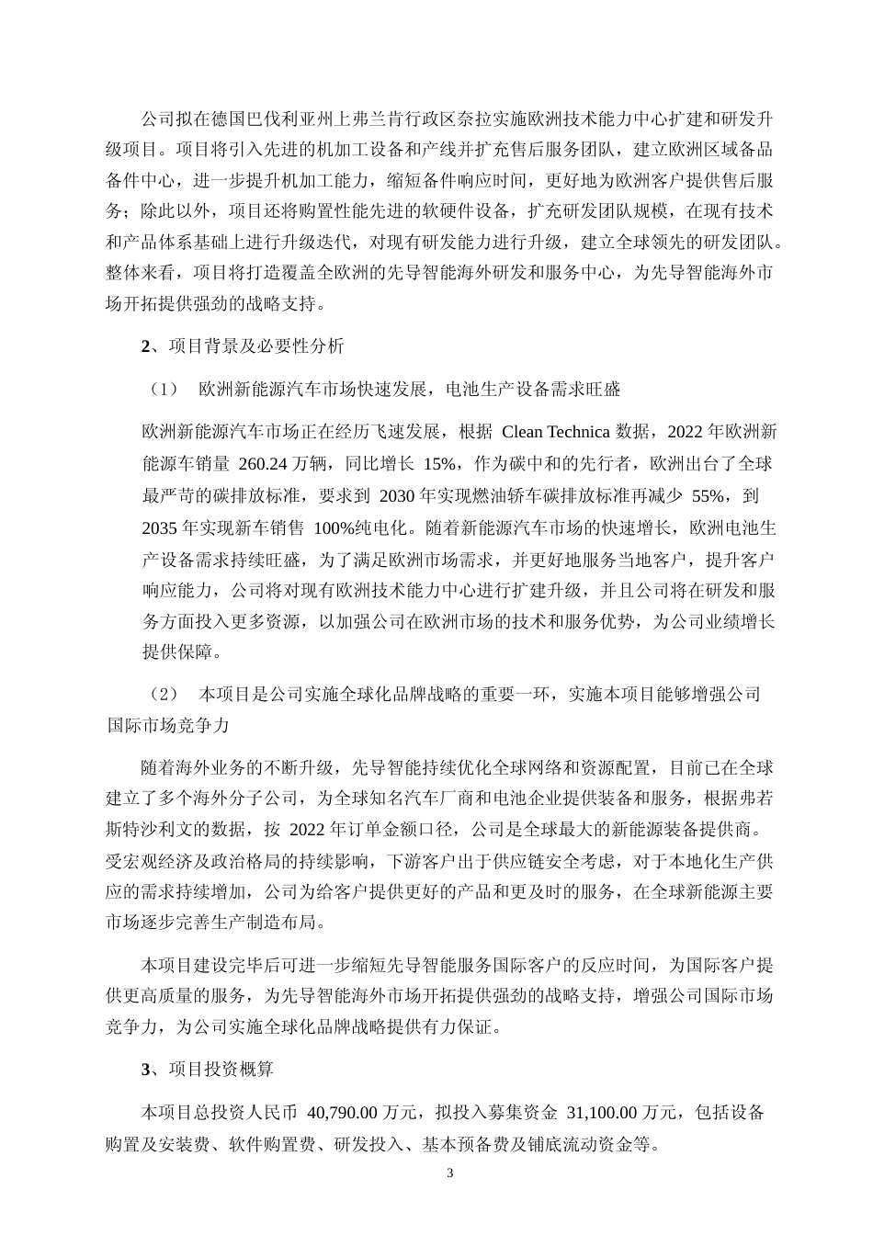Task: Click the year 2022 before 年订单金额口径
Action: [x=309, y=830]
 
